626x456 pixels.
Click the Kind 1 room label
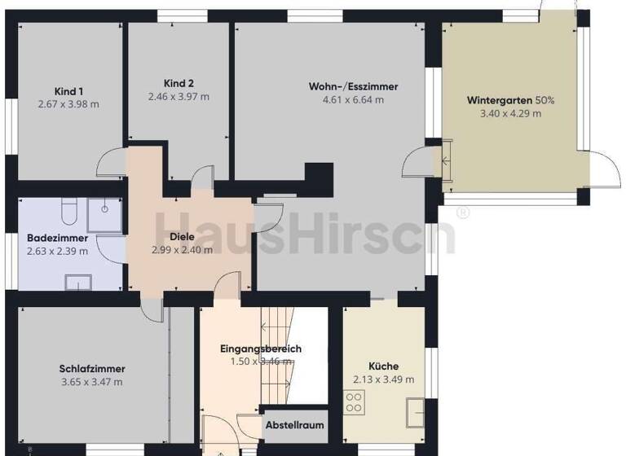point(68,91)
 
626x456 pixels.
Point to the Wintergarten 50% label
point(510,100)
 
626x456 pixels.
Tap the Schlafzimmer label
point(92,368)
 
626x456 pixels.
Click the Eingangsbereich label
point(261,349)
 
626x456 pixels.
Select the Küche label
point(383,366)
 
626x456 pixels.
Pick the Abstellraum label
point(295,425)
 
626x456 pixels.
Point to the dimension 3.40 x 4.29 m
point(510,114)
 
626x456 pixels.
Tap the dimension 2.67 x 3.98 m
point(68,104)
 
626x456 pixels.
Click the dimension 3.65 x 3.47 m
point(92,381)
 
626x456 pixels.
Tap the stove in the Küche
point(355,401)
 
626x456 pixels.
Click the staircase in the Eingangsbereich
point(277,334)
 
